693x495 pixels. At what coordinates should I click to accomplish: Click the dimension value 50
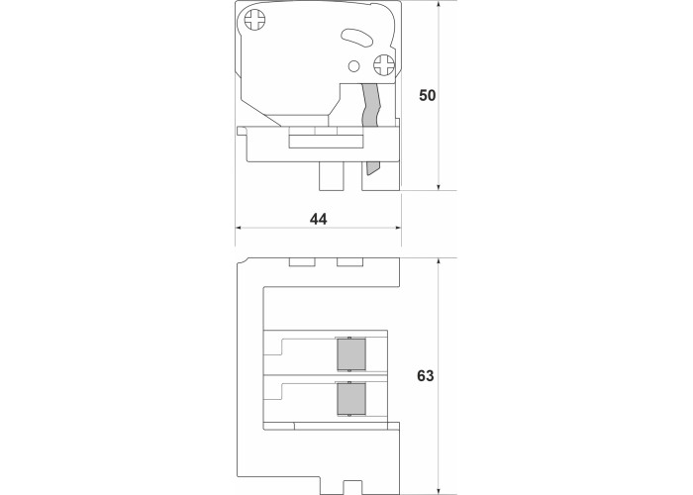[427, 95]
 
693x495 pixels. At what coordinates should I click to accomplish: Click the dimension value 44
[318, 219]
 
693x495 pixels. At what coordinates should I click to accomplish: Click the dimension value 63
[425, 375]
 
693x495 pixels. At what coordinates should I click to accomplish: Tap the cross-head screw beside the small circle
[384, 65]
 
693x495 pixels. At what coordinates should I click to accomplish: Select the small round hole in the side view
[353, 66]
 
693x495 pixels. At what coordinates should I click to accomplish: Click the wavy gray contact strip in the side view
[371, 105]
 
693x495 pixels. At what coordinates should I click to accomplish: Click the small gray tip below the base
[372, 167]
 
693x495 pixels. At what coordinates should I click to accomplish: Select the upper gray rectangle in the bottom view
[351, 354]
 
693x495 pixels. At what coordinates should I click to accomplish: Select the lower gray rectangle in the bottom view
[351, 399]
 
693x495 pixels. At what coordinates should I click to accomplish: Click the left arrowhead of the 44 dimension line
[238, 228]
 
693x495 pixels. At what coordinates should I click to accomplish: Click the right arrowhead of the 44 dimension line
[398, 228]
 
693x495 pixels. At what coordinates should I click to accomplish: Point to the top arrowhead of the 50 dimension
[439, 4]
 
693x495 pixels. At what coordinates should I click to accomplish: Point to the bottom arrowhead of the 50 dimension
[439, 187]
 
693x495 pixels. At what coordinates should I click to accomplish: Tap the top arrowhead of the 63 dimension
[439, 261]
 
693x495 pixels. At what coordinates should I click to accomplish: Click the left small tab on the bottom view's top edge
[302, 262]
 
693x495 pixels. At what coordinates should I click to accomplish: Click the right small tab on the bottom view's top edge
[350, 262]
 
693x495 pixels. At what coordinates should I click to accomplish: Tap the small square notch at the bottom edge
[352, 487]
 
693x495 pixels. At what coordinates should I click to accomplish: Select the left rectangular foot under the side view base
[332, 176]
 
